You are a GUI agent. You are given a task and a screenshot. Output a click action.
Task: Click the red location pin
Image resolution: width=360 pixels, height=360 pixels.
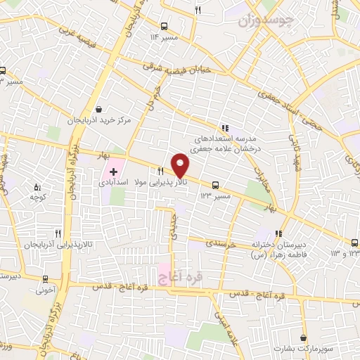[181, 165]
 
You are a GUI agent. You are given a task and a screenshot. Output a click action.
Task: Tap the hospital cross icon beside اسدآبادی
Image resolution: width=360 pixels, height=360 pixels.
[114, 172]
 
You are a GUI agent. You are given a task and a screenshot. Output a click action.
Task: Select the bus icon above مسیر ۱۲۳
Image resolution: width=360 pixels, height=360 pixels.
[215, 186]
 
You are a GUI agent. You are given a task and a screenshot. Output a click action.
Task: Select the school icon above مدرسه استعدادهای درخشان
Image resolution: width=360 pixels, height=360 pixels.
[224, 128]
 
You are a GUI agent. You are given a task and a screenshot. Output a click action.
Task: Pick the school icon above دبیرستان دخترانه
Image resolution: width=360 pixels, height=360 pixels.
[278, 233]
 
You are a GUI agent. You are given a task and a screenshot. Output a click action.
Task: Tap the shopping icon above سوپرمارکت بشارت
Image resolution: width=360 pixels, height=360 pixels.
[302, 337]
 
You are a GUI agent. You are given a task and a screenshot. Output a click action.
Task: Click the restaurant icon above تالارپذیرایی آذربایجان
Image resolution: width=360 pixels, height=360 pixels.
[58, 233]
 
